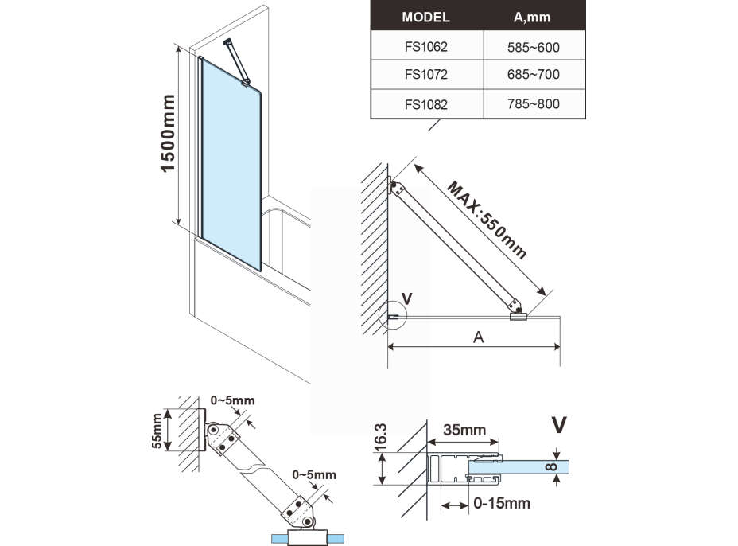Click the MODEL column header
[x=425, y=16]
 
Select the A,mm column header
[x=533, y=16]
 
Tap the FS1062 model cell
[x=425, y=47]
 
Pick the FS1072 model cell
[x=425, y=75]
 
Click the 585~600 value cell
[x=533, y=47]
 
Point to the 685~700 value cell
[x=533, y=75]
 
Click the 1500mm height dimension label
[x=169, y=135]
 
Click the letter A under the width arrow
[x=479, y=337]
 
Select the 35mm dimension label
[x=464, y=431]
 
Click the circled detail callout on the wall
[x=392, y=317]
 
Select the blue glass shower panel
[x=230, y=160]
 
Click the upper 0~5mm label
[x=232, y=400]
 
